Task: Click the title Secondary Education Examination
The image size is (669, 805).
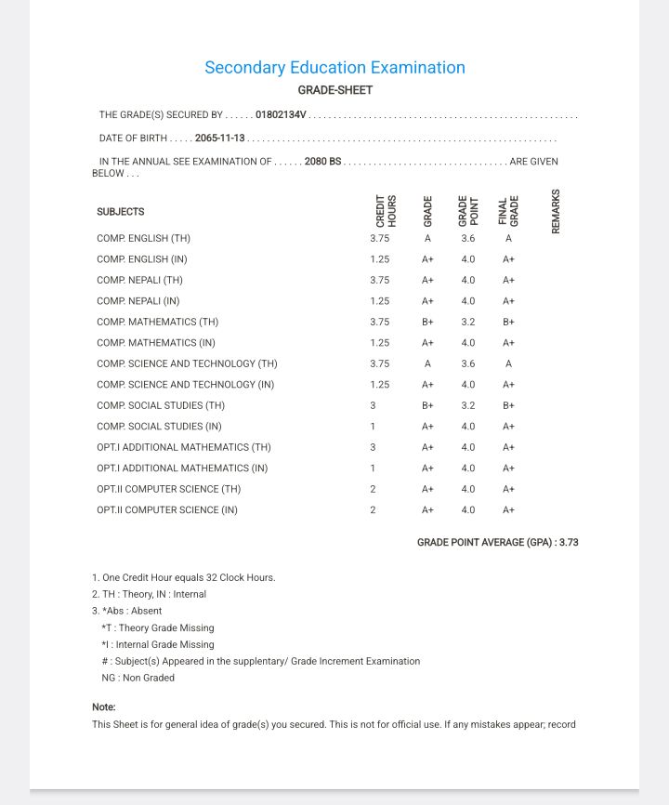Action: [334, 68]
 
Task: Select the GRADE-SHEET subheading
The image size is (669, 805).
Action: [334, 90]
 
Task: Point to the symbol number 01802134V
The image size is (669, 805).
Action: [281, 115]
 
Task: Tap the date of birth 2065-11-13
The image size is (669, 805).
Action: [219, 139]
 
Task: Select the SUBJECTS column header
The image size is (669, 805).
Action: [121, 212]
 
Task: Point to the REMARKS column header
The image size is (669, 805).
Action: [556, 211]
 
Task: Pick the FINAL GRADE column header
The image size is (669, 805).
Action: [508, 211]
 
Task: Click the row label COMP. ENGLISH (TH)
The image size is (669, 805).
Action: [143, 239]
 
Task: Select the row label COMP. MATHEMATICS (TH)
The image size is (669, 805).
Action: [157, 323]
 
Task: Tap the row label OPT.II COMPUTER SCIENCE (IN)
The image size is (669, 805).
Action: [166, 510]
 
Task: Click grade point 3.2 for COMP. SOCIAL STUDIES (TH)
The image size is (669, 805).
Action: [468, 406]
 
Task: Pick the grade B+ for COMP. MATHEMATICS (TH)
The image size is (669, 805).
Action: [427, 323]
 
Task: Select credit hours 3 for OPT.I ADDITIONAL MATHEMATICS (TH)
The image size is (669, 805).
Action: [373, 448]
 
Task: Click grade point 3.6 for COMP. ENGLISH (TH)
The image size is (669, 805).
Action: [468, 239]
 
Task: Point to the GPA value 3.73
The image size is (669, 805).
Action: [567, 542]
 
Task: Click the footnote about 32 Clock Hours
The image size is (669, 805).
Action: [184, 577]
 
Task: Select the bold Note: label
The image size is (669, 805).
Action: [104, 707]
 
